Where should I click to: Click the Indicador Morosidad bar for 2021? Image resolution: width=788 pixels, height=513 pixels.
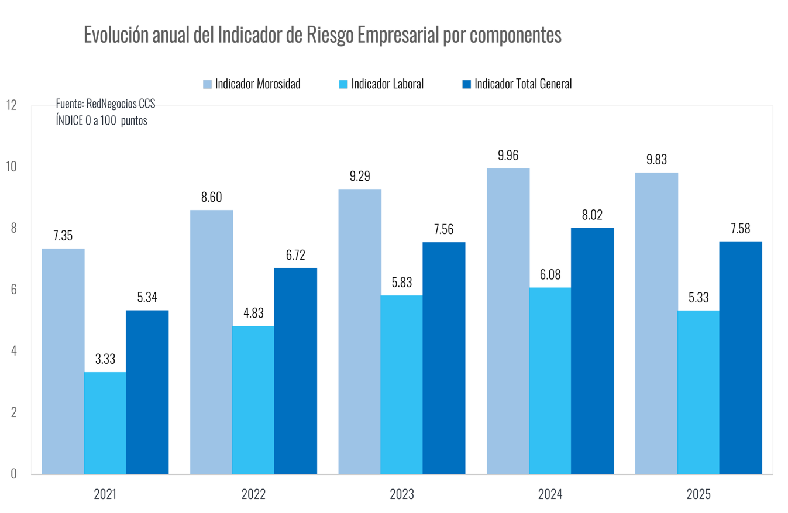63,361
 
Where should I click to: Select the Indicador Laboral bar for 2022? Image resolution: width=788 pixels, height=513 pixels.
253,400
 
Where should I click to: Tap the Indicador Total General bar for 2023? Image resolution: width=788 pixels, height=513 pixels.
443,357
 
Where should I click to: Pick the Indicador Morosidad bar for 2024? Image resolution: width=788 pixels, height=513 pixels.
508,321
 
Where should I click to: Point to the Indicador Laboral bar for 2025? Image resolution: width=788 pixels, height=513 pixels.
698,392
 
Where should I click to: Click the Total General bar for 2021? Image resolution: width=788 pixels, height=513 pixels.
147,392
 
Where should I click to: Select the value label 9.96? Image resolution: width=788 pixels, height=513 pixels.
508,156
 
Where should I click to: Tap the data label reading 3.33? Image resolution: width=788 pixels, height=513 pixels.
105,359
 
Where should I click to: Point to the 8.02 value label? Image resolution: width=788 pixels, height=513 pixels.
592,215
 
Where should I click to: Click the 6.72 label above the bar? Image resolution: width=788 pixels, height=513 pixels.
295,255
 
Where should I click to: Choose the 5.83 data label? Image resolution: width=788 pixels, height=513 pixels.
401,283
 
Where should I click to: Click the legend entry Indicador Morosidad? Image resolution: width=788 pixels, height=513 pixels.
252,84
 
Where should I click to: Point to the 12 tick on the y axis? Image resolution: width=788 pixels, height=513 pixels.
11,105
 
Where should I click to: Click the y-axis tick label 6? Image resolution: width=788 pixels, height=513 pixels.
13,290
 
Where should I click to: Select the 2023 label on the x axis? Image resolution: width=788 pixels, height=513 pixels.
401,494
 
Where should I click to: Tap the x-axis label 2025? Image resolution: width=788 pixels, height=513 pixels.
698,494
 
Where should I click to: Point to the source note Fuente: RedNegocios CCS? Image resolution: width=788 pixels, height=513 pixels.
105,104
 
